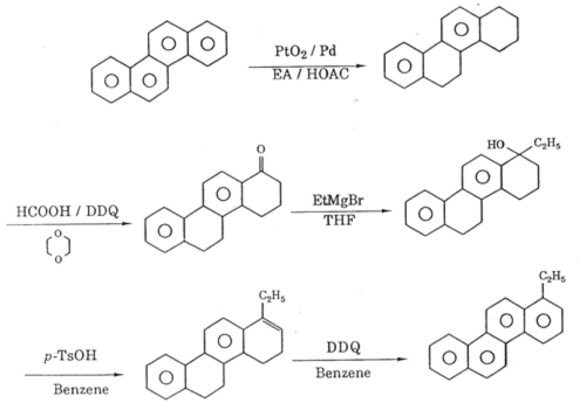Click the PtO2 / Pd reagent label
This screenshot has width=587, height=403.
[x=305, y=52]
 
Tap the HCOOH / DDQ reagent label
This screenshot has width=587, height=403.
[x=67, y=212]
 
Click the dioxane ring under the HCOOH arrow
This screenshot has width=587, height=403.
[x=58, y=246]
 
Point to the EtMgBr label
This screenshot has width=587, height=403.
[x=338, y=201]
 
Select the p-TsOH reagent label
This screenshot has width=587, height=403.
[x=70, y=356]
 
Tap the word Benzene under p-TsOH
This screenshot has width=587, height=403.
[x=81, y=389]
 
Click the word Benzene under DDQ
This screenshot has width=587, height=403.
[x=343, y=372]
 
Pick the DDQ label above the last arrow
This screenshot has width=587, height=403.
[x=343, y=348]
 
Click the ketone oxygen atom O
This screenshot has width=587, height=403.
[x=260, y=150]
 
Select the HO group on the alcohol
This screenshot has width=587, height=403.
[x=496, y=144]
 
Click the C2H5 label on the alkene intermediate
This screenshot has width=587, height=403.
[x=272, y=297]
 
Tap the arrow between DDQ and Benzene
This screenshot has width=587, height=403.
[x=349, y=359]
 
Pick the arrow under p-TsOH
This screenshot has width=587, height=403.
[x=74, y=375]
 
